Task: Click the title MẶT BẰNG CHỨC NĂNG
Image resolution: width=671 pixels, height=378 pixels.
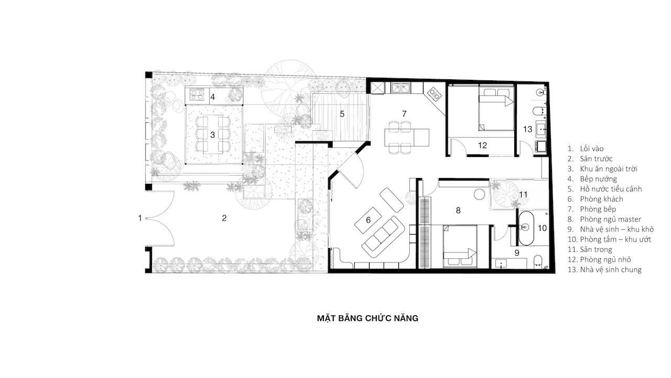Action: click(x=367, y=318)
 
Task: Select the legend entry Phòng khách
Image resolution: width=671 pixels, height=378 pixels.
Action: click(x=601, y=199)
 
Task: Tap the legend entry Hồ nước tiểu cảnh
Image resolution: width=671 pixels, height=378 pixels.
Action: click(x=611, y=188)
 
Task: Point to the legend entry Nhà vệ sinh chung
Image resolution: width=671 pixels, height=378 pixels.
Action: click(x=611, y=269)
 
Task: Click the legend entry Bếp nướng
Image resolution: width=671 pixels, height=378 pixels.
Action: click(x=599, y=179)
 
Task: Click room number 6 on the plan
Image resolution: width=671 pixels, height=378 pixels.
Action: click(x=368, y=220)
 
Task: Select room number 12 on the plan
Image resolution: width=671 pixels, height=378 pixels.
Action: click(x=482, y=145)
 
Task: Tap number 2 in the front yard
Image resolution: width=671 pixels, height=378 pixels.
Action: click(x=224, y=218)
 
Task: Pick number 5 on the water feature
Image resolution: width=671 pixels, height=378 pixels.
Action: click(x=342, y=114)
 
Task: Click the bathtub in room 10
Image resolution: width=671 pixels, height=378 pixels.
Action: click(x=526, y=228)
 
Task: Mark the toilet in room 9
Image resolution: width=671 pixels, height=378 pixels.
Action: click(x=538, y=260)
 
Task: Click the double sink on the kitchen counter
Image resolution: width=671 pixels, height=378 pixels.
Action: click(x=401, y=88)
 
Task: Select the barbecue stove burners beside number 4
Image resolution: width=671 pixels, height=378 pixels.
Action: click(x=197, y=94)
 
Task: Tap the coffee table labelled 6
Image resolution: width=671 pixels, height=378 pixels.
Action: click(x=368, y=220)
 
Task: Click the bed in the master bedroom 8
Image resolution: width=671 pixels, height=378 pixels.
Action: click(x=460, y=246)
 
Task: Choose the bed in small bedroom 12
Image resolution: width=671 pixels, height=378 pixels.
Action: click(x=496, y=108)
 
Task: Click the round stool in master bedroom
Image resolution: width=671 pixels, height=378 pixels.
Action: click(x=479, y=194)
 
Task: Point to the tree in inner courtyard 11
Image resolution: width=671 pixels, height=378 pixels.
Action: click(x=506, y=194)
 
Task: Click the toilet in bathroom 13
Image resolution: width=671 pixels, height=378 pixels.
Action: click(x=538, y=111)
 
